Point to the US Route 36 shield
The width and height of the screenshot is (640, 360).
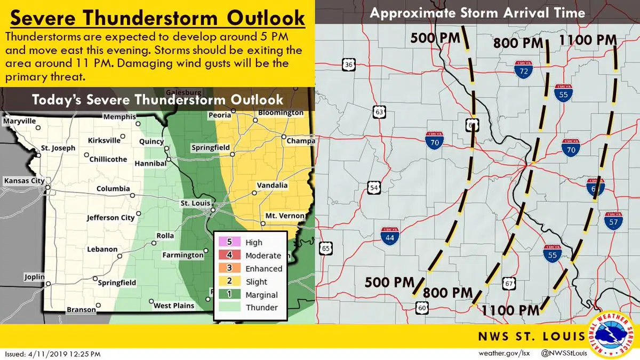pos(349,65)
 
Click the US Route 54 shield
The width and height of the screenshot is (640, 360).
pos(374,188)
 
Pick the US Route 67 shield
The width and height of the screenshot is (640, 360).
pos(509,283)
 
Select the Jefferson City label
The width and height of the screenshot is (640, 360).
pos(111,218)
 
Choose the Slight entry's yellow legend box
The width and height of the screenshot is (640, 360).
pos(230,282)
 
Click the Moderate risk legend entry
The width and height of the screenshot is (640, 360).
pos(262,255)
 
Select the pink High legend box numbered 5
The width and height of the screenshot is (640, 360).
pos(230,242)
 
